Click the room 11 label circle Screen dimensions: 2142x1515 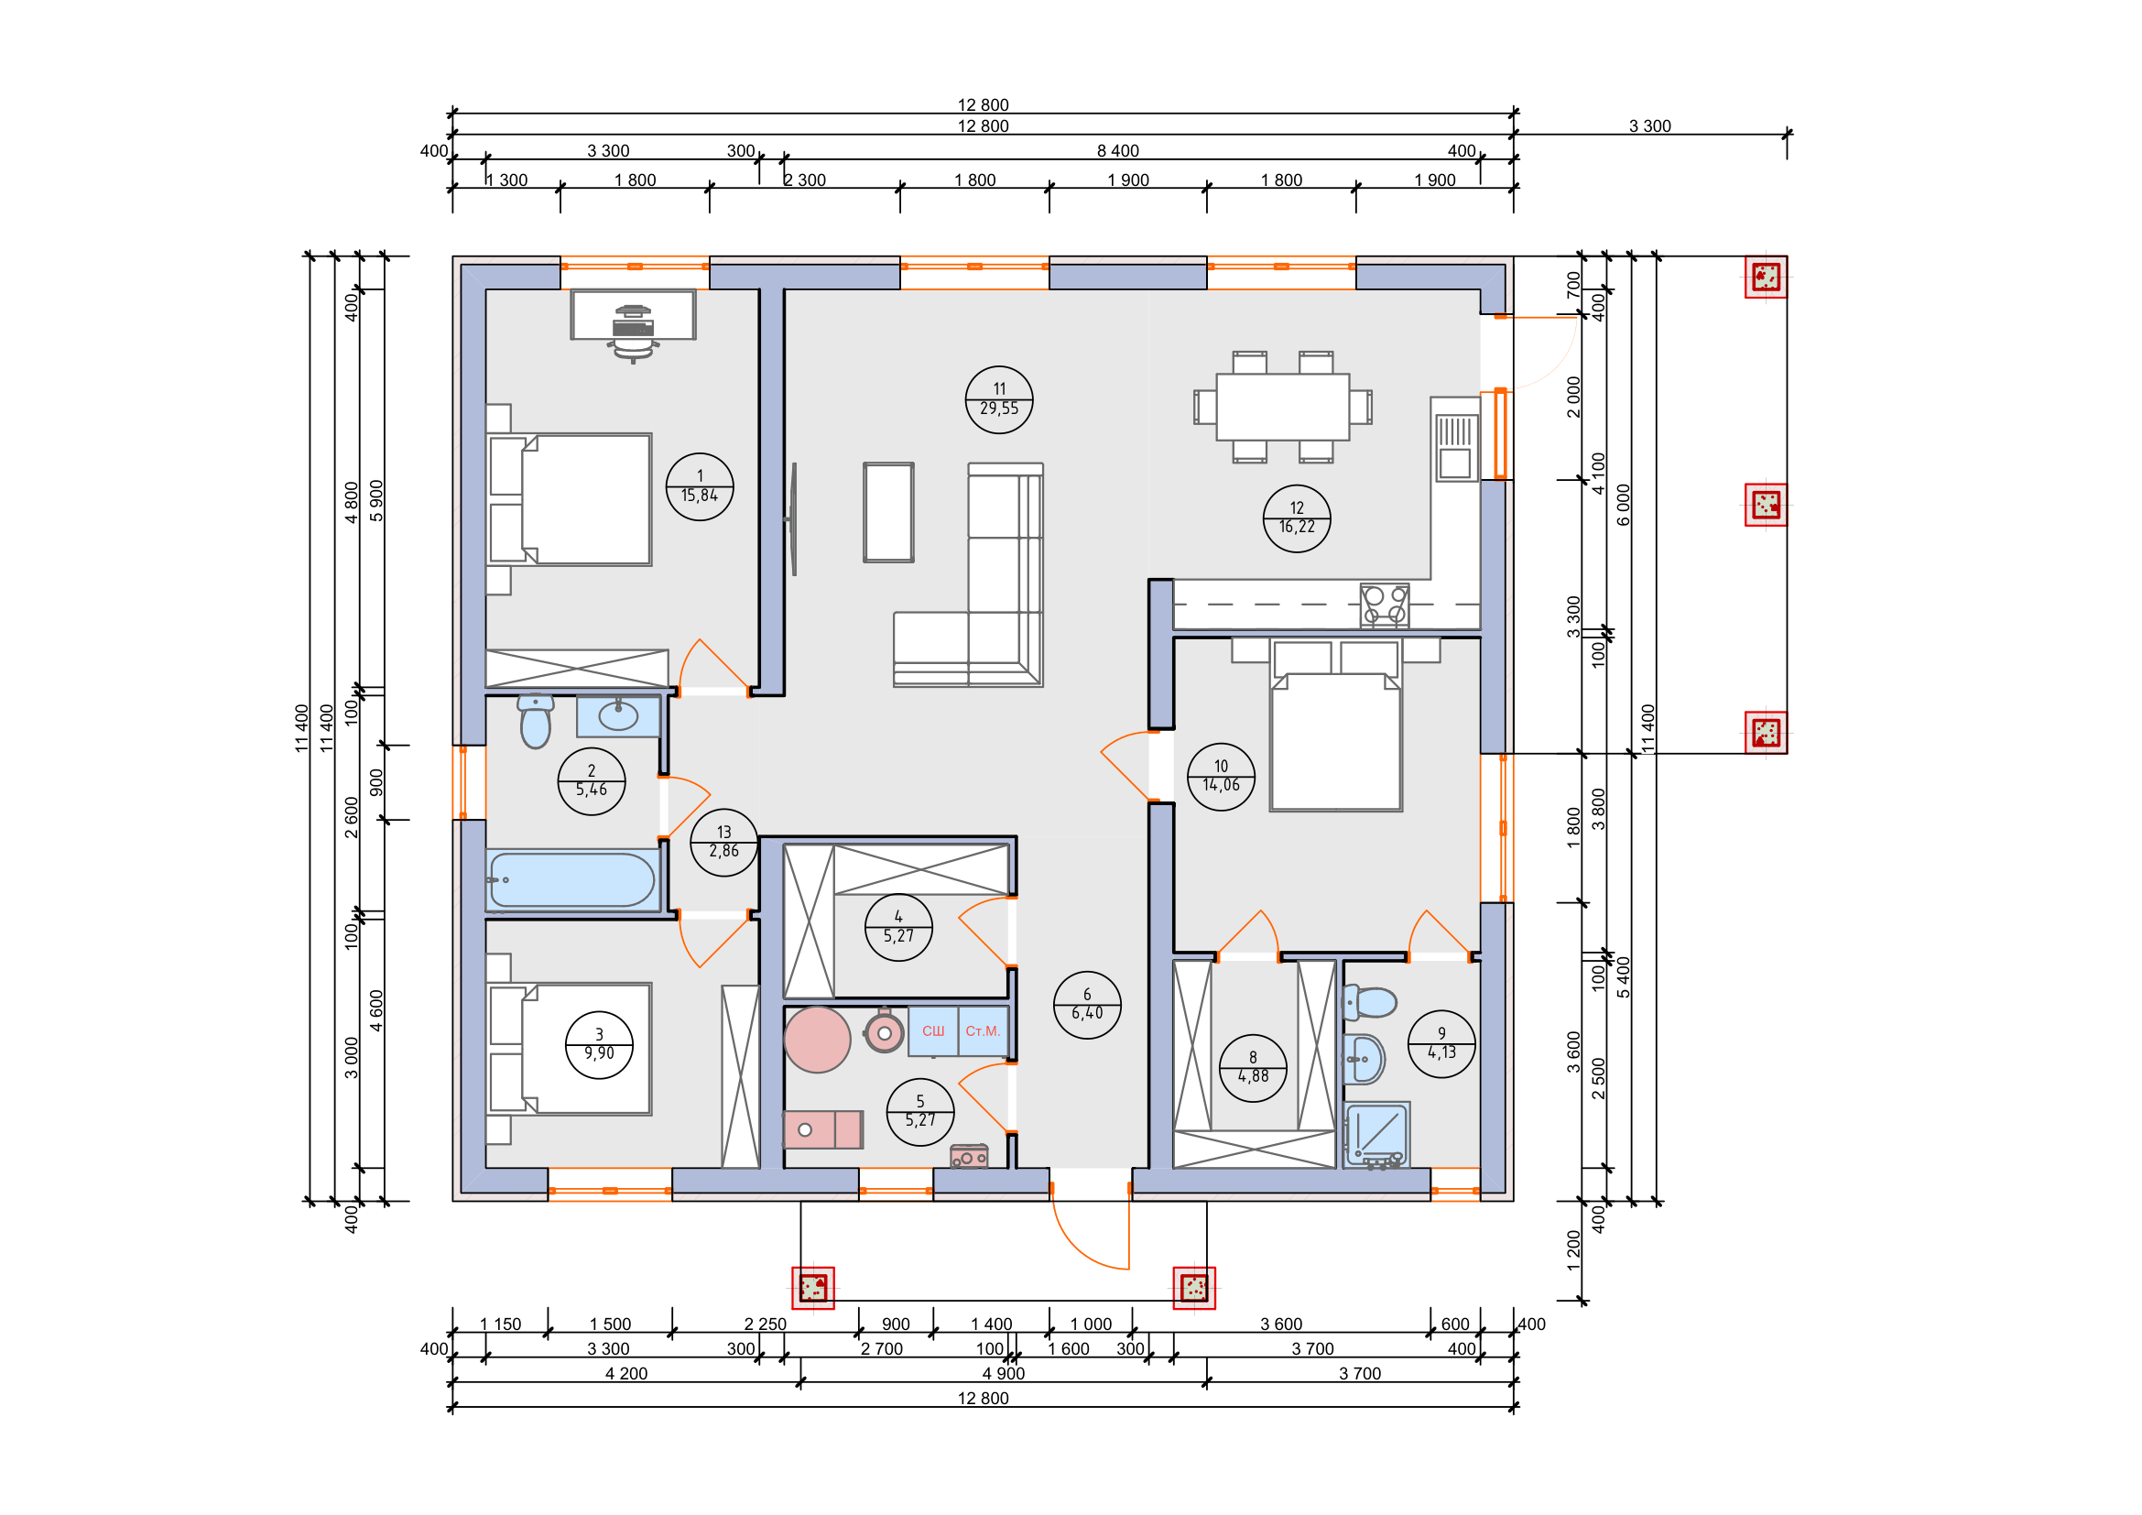pos(998,399)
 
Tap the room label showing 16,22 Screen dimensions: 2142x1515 pos(1296,518)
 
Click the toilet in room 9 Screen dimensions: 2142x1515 pos(1368,1003)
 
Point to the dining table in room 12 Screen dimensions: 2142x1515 pos(1282,407)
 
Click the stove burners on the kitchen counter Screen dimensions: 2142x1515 pos(1384,604)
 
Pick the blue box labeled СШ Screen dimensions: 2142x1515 pos(932,1030)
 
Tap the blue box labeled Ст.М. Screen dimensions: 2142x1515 pos(983,1030)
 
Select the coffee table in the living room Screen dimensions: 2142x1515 pos(888,512)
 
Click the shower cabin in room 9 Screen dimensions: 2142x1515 pos(1376,1134)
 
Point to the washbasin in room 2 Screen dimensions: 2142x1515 pos(617,715)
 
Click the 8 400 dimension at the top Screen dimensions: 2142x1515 pos(1117,151)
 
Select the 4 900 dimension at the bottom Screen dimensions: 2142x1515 pos(1003,1373)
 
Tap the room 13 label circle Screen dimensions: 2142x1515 pos(723,842)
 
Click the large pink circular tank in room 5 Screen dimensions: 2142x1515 pos(816,1040)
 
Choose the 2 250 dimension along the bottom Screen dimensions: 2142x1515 pos(765,1324)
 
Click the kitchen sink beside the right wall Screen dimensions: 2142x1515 pos(1454,449)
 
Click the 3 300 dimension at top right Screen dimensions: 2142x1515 pos(1649,125)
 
